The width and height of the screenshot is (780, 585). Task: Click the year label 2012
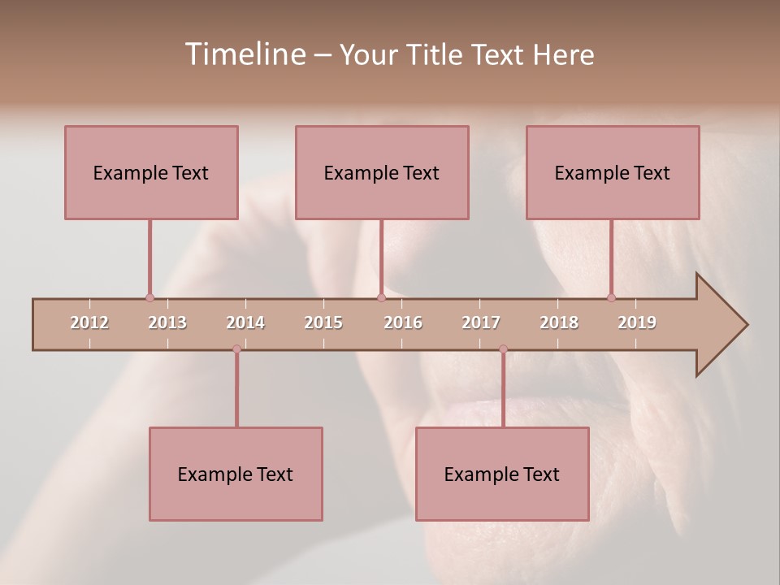click(x=89, y=323)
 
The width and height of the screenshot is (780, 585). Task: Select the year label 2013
click(x=167, y=323)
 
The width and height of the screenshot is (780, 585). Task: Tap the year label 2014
click(x=245, y=323)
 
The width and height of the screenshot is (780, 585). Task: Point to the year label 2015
click(x=323, y=323)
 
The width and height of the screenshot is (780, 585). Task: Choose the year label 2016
click(x=403, y=323)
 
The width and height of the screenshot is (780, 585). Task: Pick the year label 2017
click(x=481, y=323)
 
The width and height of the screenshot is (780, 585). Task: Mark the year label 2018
click(x=559, y=323)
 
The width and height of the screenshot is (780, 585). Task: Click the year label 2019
click(x=637, y=323)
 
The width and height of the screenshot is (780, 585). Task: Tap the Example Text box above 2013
click(x=151, y=172)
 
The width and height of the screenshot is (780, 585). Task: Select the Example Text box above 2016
click(x=382, y=172)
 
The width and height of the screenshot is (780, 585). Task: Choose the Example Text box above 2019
click(x=613, y=172)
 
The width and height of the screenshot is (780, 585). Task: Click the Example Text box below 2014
click(x=236, y=474)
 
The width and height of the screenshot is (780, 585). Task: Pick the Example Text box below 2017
click(x=502, y=474)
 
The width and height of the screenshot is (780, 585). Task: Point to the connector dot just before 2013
click(x=149, y=297)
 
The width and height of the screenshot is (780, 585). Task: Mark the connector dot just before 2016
click(x=381, y=297)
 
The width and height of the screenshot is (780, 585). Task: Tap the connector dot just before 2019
click(x=611, y=297)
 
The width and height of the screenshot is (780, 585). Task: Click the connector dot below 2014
click(x=236, y=349)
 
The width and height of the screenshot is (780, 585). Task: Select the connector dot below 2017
click(x=503, y=349)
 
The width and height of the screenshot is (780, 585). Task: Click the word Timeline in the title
click(x=245, y=54)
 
